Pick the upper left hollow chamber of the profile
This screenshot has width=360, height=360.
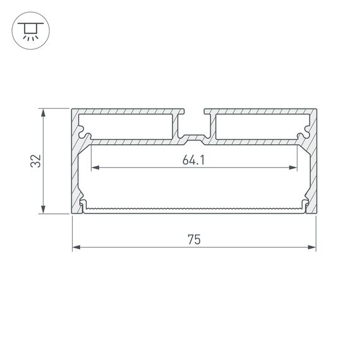129,126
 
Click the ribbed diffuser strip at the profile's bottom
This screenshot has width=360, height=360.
194,208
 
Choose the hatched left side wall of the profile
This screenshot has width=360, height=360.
76,171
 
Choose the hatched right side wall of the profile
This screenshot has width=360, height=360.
311,171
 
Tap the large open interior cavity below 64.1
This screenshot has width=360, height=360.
194,186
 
